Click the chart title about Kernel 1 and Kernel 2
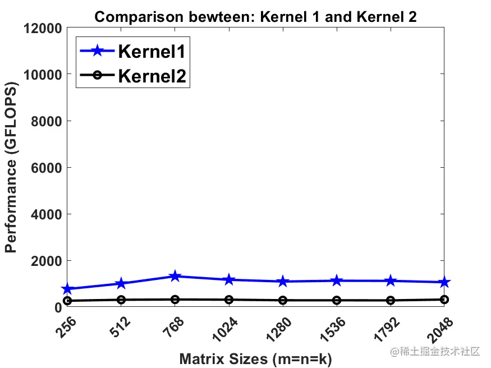click(x=255, y=17)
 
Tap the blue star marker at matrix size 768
click(x=175, y=276)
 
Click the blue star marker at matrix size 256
click(x=67, y=289)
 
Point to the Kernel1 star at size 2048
click(x=444, y=282)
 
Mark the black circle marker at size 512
click(x=121, y=300)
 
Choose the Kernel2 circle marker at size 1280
click(x=283, y=300)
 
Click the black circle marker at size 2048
click(x=444, y=300)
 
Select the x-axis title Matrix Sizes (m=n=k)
click(x=255, y=359)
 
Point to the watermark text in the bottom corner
click(x=435, y=352)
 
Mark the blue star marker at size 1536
click(x=337, y=280)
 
